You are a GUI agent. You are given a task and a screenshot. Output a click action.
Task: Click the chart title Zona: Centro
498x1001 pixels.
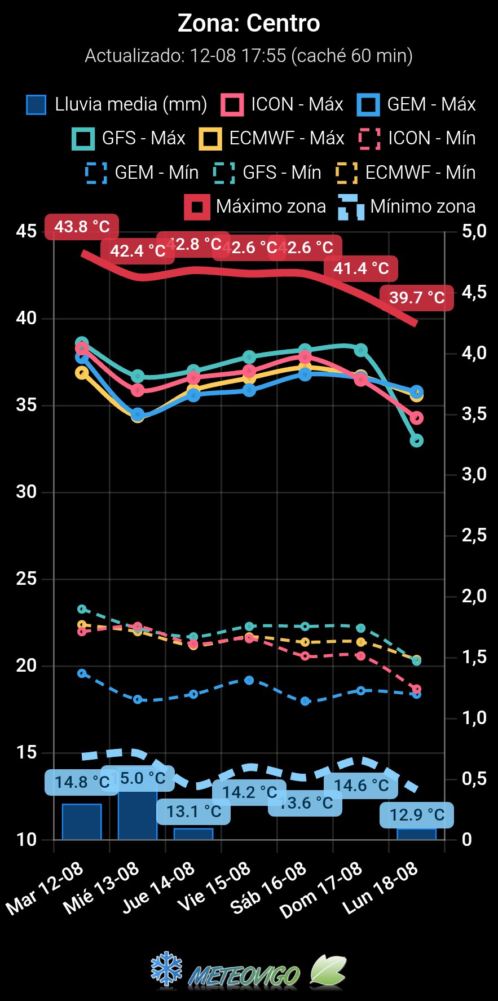249,24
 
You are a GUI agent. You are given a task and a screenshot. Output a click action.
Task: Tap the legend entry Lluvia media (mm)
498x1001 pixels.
117,105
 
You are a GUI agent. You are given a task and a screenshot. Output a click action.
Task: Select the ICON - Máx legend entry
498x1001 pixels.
282,105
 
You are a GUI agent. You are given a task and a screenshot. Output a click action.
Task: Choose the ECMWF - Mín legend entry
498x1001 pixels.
406,173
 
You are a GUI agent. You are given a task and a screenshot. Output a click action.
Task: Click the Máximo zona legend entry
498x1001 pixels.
255,206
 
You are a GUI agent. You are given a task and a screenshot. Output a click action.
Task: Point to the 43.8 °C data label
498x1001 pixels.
82,227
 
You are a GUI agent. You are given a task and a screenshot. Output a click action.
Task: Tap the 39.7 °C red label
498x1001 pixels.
417,297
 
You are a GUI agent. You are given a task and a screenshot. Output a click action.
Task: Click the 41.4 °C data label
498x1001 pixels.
361,268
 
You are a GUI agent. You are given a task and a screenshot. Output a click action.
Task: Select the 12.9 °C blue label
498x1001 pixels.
417,815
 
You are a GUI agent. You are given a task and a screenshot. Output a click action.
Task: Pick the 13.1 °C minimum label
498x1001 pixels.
193,812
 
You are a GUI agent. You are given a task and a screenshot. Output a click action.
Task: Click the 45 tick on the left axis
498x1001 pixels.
26,231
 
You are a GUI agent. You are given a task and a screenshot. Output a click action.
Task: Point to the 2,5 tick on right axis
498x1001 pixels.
474,535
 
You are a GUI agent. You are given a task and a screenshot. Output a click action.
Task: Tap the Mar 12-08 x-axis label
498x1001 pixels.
45,888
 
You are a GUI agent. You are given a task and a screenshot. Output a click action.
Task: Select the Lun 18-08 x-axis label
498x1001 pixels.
381,888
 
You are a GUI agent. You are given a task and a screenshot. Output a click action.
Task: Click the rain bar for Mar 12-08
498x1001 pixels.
82,822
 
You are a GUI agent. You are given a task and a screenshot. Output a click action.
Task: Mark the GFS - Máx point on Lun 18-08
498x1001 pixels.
417,440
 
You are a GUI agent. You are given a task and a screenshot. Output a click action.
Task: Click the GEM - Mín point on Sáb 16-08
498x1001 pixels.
305,701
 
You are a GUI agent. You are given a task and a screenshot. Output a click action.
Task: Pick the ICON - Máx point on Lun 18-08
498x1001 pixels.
417,418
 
